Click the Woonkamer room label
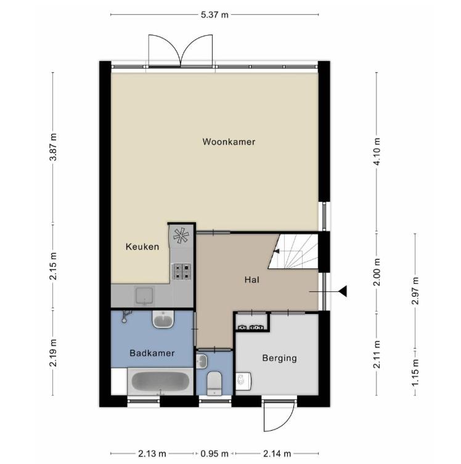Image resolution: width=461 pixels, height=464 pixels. click(229, 142)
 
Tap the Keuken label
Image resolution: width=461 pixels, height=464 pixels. click(142, 247)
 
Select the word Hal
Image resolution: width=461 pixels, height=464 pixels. click(252, 280)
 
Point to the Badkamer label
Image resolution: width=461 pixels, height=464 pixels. click(152, 353)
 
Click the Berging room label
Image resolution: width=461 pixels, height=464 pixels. click(280, 358)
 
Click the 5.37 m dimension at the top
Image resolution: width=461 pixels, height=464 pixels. click(214, 15)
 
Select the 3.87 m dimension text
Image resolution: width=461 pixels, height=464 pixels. click(53, 147)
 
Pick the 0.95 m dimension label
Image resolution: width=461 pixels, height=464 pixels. click(214, 454)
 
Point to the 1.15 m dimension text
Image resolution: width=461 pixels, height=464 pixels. click(415, 372)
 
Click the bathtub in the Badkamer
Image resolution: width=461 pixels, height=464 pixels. click(160, 381)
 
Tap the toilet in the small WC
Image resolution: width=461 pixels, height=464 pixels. click(214, 383)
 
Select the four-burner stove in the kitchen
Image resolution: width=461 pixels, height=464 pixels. click(181, 271)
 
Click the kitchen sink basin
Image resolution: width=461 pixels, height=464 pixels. click(144, 296)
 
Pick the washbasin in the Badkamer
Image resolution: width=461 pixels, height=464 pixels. click(163, 319)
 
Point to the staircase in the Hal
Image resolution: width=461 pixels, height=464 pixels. click(293, 252)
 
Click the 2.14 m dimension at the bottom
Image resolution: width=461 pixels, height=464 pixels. click(277, 454)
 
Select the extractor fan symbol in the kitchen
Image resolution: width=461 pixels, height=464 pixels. click(181, 236)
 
